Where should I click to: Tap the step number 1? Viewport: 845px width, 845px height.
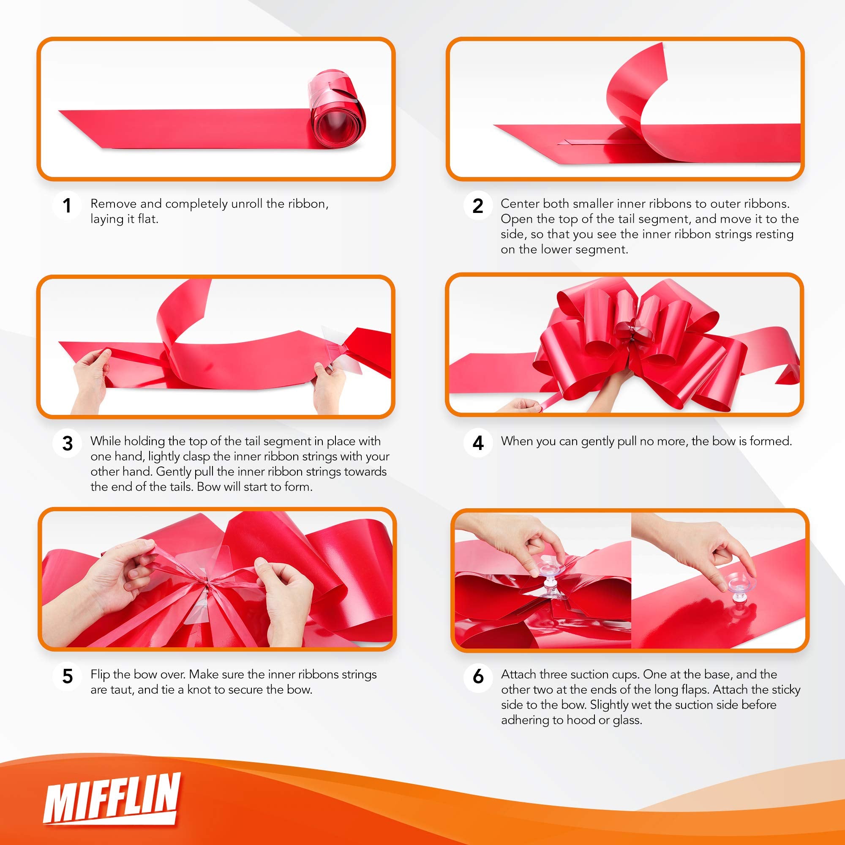[x=67, y=206]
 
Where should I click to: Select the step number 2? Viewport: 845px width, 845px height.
[x=477, y=206]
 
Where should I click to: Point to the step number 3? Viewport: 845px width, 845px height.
[x=67, y=443]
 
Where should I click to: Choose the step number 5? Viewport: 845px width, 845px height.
[x=67, y=676]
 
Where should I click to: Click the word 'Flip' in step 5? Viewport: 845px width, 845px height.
[x=100, y=674]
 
